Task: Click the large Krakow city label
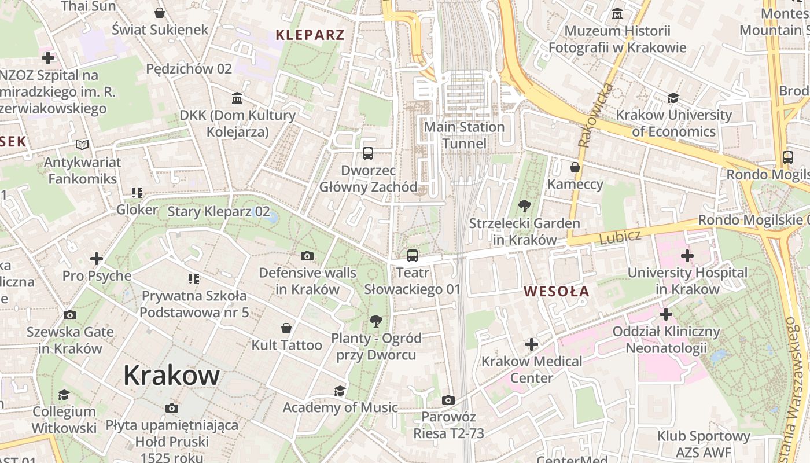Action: (171, 376)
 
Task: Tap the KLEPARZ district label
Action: (310, 35)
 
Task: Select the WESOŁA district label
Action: (557, 292)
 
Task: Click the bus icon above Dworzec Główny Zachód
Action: (368, 153)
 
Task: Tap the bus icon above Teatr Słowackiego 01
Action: (413, 255)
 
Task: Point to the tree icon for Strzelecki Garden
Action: (525, 205)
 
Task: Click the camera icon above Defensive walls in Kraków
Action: (307, 256)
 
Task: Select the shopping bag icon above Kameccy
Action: (575, 167)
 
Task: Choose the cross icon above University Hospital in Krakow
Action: (687, 255)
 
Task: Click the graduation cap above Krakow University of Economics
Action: (673, 98)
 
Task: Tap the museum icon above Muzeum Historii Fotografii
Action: (617, 13)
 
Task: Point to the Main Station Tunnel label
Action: (464, 135)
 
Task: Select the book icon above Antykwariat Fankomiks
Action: (82, 145)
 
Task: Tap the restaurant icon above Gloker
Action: (137, 192)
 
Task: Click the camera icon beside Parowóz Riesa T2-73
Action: (448, 400)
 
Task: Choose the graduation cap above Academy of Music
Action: (340, 391)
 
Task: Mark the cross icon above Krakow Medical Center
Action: (532, 344)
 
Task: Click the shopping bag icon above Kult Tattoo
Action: (286, 328)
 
